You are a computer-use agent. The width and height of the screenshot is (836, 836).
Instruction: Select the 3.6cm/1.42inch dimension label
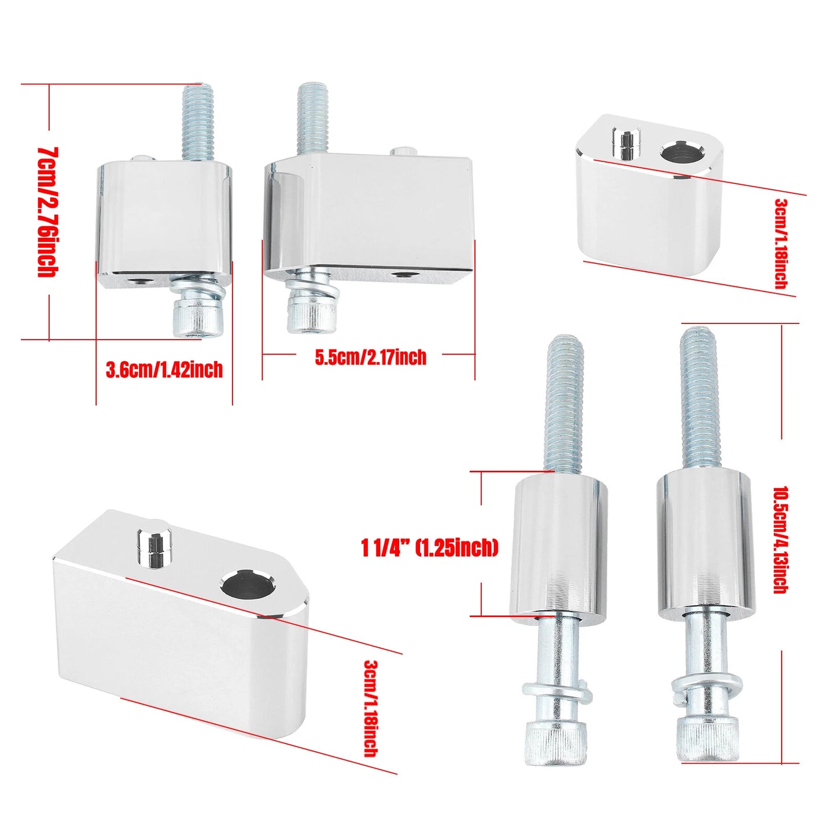(164, 370)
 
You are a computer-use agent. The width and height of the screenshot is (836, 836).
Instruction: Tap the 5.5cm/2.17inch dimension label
(370, 358)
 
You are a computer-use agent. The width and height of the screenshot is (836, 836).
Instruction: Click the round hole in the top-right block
(679, 153)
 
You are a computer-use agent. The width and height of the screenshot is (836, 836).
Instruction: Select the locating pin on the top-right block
(626, 143)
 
